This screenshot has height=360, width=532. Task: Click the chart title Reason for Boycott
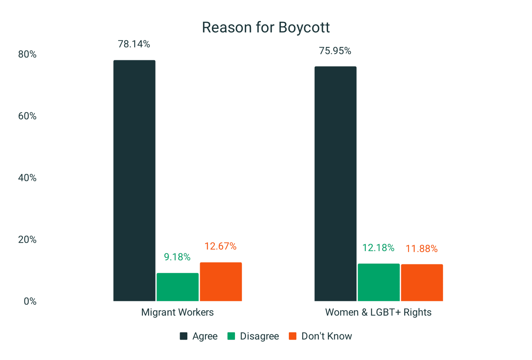point(266,28)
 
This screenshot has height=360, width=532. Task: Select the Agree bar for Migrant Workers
point(134,181)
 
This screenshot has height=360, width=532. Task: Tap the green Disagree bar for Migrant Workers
point(178,287)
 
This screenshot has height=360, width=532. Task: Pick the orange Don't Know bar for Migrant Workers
point(221,282)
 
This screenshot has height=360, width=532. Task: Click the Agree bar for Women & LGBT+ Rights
point(335,184)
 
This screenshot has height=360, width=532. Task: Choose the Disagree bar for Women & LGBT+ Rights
point(379,282)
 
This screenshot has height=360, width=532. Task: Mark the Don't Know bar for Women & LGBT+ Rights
point(422,282)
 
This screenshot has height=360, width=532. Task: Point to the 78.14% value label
point(134,44)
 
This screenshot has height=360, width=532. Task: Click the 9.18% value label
point(177,257)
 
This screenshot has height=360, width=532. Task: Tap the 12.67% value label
point(221,246)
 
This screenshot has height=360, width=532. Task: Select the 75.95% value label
point(335,51)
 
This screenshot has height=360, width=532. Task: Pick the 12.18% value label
point(378,248)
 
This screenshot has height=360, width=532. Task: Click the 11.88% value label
point(422,249)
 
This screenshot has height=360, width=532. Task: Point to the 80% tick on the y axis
point(27,54)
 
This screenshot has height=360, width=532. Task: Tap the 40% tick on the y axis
point(27,178)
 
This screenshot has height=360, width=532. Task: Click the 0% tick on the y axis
point(30,301)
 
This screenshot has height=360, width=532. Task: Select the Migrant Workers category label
point(177,312)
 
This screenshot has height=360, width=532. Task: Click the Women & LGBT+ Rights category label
point(378,312)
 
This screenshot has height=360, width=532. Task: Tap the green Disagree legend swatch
point(231,336)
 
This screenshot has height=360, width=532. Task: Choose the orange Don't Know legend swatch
point(293,336)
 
